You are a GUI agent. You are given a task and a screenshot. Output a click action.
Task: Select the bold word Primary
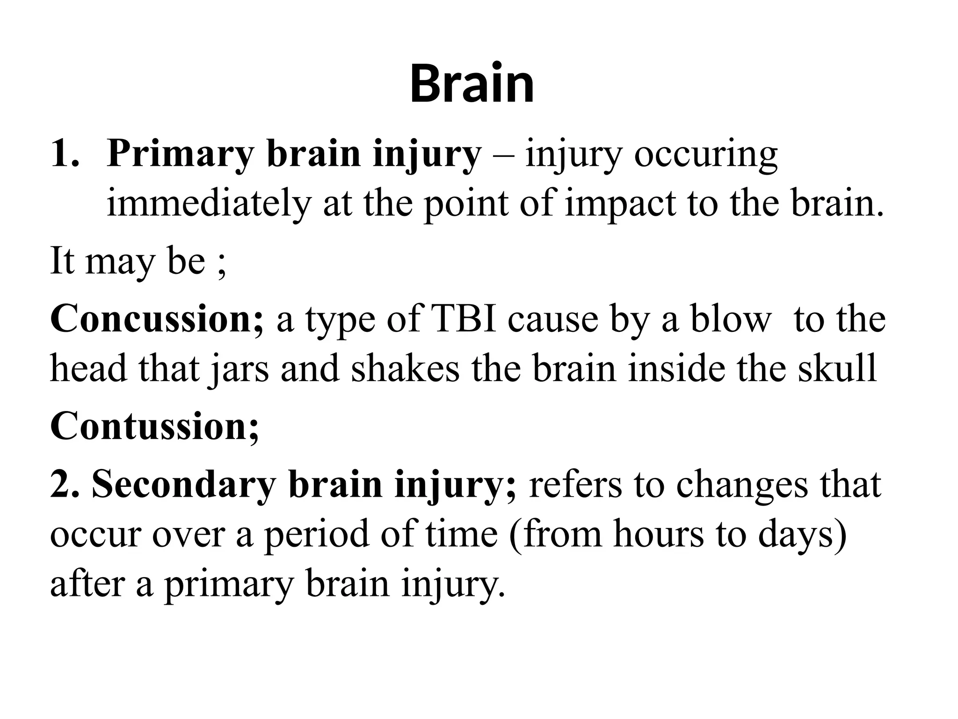[x=181, y=154]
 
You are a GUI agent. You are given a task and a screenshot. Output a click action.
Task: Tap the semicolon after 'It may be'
[x=222, y=262]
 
